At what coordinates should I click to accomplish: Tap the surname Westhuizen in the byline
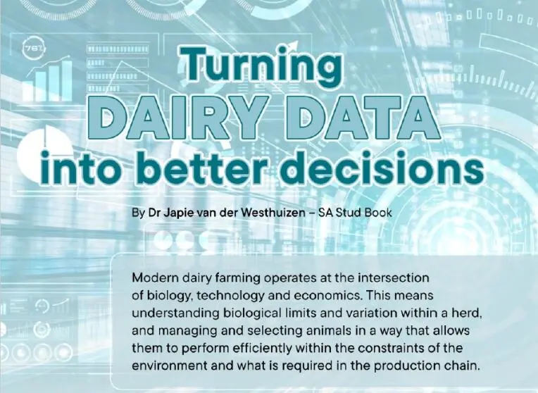point(273,213)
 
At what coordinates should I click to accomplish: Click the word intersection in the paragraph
point(394,277)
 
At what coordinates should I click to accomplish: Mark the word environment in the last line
point(170,366)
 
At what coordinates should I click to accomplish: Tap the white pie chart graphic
point(42,151)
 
